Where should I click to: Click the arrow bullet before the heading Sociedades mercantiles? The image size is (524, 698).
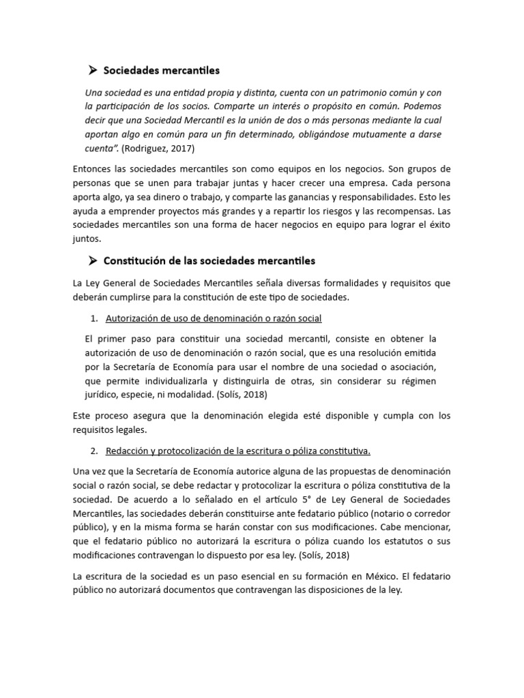pos(93,70)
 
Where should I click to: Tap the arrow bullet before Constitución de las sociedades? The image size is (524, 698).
pos(93,260)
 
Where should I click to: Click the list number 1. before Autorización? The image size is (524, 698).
pos(95,318)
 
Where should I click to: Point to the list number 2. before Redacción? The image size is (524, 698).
pos(95,451)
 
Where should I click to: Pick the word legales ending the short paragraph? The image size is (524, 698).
pos(130,430)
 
